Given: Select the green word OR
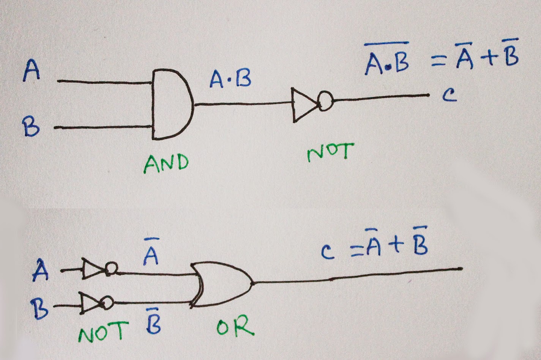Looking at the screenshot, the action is coord(235,325).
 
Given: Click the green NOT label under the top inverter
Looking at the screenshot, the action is coord(330,152).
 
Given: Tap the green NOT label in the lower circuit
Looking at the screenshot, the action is coord(103,332).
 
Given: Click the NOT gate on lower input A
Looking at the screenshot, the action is coord(99,268).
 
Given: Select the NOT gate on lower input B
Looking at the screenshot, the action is coord(96,303).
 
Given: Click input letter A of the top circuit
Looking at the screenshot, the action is coord(32,70).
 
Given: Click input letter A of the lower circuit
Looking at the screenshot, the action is coord(40,270).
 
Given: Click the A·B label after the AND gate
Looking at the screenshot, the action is coord(230,79).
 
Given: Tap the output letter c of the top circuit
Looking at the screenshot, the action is coord(450,95).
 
